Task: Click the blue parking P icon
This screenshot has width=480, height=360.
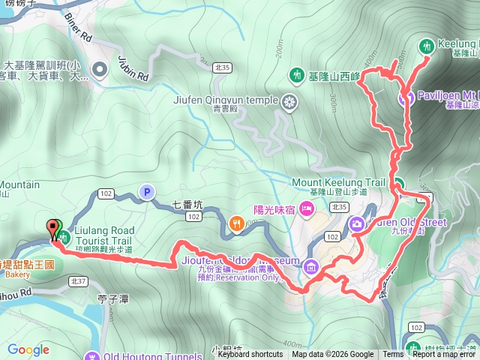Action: [146, 193]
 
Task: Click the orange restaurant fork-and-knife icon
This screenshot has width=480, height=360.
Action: [238, 222]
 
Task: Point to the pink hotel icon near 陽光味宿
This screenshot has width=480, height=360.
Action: [306, 208]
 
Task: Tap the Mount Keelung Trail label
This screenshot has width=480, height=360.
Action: [338, 182]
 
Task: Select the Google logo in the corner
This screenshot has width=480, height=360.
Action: [28, 349]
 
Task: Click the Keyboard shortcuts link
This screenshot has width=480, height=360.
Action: [250, 355]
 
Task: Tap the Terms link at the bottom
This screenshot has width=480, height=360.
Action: [393, 355]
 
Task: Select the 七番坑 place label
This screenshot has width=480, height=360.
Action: [187, 202]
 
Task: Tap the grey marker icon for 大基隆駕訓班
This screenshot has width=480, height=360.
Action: [99, 70]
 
